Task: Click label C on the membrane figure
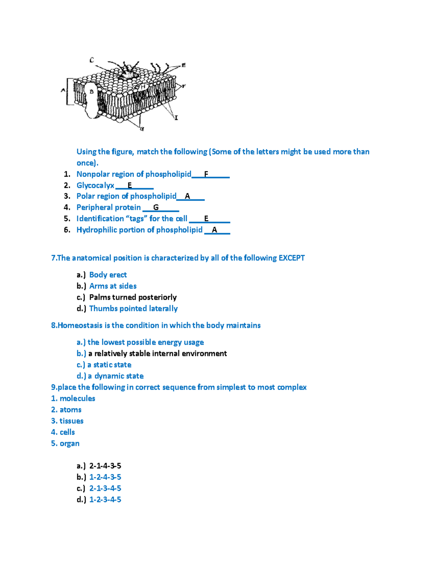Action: coord(92,60)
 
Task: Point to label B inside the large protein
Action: coord(92,92)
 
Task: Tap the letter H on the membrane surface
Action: coord(143,87)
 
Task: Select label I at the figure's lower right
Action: coord(176,118)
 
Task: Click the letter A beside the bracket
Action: coord(63,90)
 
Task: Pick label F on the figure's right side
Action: coord(184,86)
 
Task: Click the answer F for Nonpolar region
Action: coord(206,174)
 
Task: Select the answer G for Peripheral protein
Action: coord(156,207)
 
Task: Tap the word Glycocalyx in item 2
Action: coord(95,185)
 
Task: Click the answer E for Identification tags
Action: coord(206,219)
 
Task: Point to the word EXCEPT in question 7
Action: coord(292,258)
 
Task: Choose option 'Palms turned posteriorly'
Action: coord(133,297)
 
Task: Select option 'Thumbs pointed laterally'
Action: coord(133,308)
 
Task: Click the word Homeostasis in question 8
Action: coord(80,325)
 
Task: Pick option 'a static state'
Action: coord(109,365)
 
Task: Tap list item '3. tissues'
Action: coord(67,421)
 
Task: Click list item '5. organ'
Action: coord(65,443)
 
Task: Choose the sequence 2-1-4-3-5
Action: coord(105,466)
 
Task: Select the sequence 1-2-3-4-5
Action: coord(105,499)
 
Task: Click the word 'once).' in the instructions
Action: coord(87,163)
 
